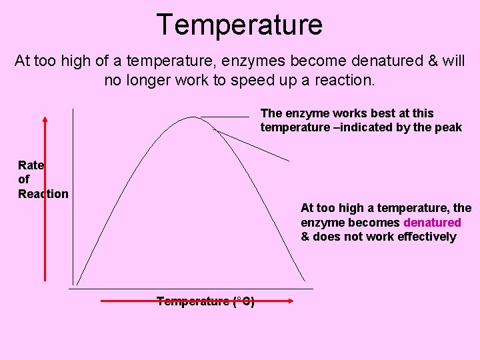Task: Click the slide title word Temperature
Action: coord(240,25)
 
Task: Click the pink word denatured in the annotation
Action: coord(432,223)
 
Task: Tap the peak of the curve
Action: coord(193,117)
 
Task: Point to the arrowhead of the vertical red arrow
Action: coord(45,121)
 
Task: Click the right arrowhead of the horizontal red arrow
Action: coord(291,301)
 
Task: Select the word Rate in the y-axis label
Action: coord(31,165)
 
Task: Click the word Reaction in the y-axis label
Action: coord(43,194)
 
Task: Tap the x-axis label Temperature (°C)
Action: coord(205,301)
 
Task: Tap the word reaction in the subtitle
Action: coord(345,81)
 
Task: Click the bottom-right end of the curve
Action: coord(305,281)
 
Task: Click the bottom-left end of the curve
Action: coord(77,284)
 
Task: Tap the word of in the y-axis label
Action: coord(24,179)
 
